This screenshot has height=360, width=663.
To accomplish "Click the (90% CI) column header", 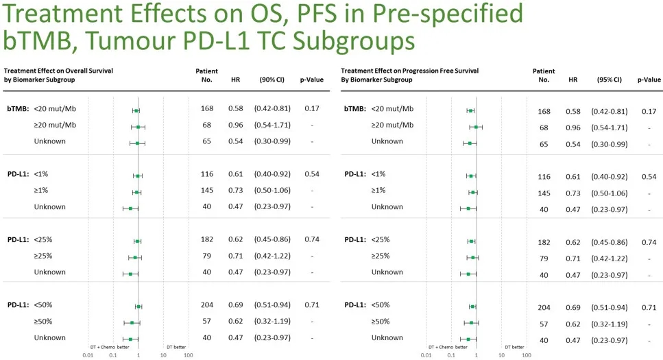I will (x=272, y=80).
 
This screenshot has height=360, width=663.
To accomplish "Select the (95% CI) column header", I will (x=609, y=80).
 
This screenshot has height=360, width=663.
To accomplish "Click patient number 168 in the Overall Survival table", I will (x=207, y=108).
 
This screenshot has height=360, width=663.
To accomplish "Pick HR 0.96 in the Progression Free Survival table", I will (x=573, y=128).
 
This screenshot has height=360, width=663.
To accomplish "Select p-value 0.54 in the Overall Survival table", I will (x=311, y=174).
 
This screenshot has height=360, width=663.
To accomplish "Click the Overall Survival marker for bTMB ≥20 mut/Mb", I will (x=138, y=126).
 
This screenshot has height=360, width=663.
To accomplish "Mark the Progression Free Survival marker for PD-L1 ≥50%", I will (x=472, y=322).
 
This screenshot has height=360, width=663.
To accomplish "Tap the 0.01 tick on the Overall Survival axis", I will (x=88, y=355).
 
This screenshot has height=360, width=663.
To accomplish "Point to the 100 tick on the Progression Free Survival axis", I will (x=527, y=355).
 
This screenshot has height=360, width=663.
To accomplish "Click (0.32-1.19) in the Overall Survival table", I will (x=272, y=322).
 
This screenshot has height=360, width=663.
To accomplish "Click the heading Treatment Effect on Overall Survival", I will (x=58, y=71).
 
